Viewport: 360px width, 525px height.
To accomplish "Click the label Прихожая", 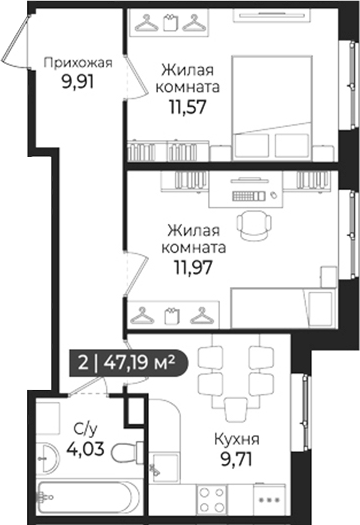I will click(78, 63).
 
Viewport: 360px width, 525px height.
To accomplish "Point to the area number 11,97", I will click(195, 267).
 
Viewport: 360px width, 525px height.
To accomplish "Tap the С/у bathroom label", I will click(84, 427).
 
